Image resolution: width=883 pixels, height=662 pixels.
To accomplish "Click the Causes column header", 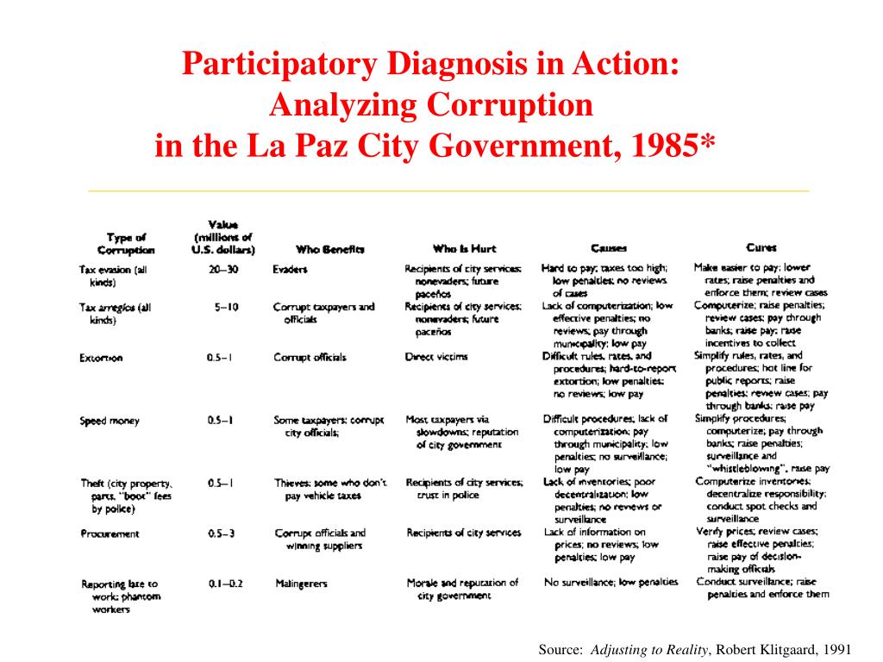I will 609,247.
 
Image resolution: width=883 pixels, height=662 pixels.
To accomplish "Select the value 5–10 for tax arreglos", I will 227,307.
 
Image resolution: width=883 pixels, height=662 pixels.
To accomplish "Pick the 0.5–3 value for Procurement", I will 222,534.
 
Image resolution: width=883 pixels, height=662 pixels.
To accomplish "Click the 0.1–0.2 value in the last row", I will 225,584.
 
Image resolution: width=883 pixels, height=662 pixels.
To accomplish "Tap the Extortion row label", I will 101,358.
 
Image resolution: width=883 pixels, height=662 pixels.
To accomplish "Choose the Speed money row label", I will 110,421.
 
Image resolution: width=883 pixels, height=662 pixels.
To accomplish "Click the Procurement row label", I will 110,534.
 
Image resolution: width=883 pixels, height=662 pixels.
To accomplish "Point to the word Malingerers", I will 301,584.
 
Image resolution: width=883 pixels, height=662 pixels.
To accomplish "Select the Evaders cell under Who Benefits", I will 291,269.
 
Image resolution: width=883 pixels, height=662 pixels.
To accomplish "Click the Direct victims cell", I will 436,356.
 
